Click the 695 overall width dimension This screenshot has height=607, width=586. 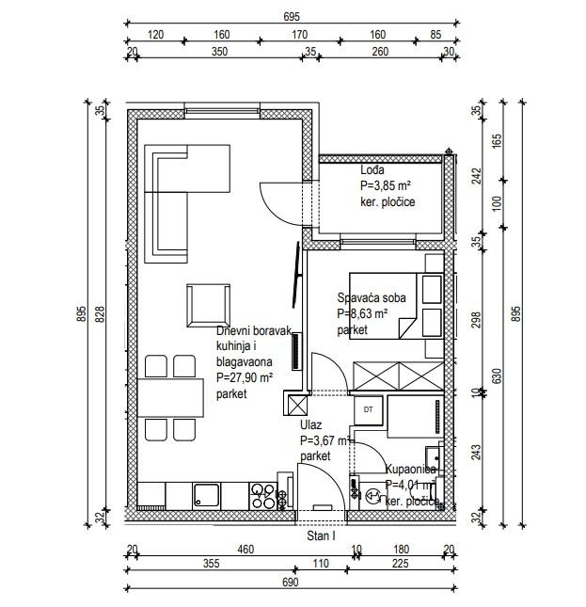(x=292, y=17)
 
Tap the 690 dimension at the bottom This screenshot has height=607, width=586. (x=290, y=583)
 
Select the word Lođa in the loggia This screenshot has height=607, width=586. (x=372, y=170)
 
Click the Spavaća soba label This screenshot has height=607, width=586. (x=372, y=297)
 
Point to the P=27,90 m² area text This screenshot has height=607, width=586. (x=245, y=377)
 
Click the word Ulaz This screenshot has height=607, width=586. (x=310, y=425)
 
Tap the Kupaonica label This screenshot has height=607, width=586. (x=410, y=470)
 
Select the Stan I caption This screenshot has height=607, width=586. (x=321, y=536)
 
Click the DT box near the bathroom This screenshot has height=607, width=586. (x=368, y=409)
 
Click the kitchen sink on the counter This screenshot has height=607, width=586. (x=206, y=495)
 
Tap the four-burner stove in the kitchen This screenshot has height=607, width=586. (x=262, y=496)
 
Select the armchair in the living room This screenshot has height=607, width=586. (x=208, y=306)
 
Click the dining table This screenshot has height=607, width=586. (x=170, y=398)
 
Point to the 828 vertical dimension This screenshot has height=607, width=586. (x=100, y=314)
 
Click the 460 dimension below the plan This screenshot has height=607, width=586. (x=245, y=550)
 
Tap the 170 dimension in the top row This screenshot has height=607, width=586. (x=299, y=35)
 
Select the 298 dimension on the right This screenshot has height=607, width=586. (x=476, y=320)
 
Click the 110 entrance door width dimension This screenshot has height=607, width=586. (x=321, y=564)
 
